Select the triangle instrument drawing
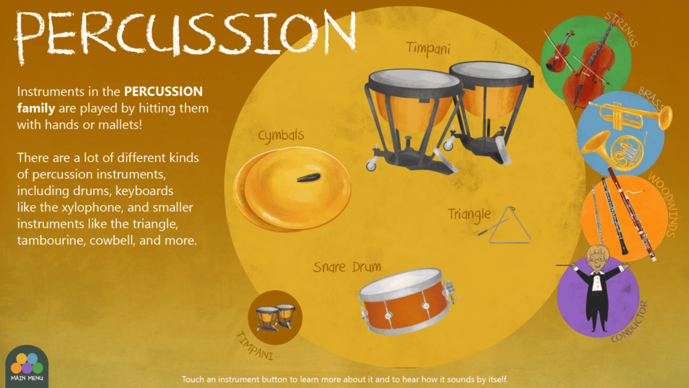pyautogui.click(x=506, y=225)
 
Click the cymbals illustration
pyautogui.click(x=292, y=189)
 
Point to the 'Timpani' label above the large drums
pyautogui.click(x=428, y=48)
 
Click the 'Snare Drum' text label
pyautogui.click(x=347, y=267)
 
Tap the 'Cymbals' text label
pyautogui.click(x=281, y=135)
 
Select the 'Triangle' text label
pyautogui.click(x=469, y=215)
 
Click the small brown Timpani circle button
pyautogui.click(x=275, y=317)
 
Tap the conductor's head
pyautogui.click(x=597, y=257)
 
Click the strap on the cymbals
pyautogui.click(x=309, y=178)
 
